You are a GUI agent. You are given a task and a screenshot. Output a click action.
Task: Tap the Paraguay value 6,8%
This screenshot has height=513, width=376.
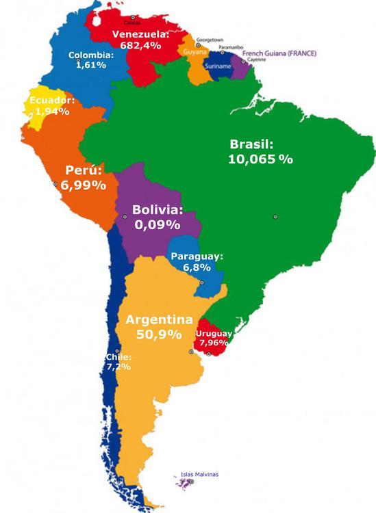coord(196,268)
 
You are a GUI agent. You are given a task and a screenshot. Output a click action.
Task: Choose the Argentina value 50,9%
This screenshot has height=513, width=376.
coord(158,335)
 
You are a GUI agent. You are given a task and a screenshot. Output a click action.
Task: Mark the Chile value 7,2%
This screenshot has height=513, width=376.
coord(117,367)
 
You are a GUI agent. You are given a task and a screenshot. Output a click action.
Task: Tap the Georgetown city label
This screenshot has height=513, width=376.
coord(210,40)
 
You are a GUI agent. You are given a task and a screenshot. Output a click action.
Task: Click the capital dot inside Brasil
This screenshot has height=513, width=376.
coord(275,217)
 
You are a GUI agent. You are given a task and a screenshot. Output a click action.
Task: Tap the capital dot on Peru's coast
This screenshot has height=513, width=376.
coord(55,185)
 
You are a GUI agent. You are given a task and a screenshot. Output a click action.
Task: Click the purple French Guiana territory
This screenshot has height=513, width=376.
coord(240,67)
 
